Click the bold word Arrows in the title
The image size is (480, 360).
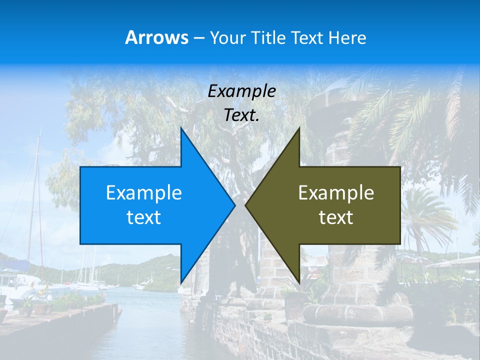pyautogui.click(x=156, y=37)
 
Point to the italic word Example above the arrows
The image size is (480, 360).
pyautogui.click(x=242, y=91)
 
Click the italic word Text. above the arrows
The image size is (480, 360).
pyautogui.click(x=242, y=115)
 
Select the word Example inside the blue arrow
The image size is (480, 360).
pyautogui.click(x=144, y=192)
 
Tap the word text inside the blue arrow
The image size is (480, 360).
pyautogui.click(x=144, y=217)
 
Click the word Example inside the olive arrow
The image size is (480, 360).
pyautogui.click(x=336, y=192)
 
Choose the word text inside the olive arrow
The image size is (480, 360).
pyautogui.click(x=336, y=217)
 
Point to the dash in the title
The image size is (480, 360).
pyautogui.click(x=198, y=38)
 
